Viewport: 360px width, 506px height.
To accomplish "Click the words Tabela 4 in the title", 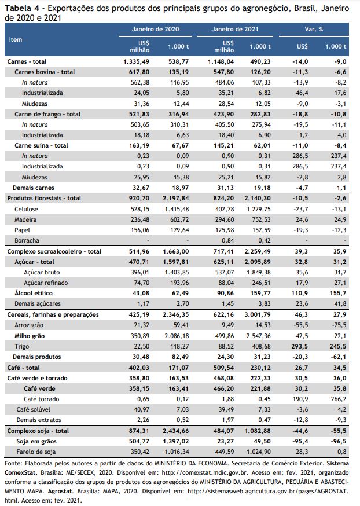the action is tap(21, 8).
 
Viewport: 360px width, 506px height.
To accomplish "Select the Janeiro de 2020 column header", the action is tap(155, 29).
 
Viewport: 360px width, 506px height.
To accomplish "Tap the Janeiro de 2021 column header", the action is tap(235, 29).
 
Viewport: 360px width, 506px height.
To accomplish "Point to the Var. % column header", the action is tap(314, 29).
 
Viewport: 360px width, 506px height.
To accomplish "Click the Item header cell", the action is tap(16, 40).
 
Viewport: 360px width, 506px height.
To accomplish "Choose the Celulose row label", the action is tap(26, 209).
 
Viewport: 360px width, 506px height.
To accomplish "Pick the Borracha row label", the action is tap(27, 240).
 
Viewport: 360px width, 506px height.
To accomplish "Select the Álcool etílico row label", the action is tap(34, 293).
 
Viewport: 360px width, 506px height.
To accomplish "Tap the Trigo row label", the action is tap(21, 346).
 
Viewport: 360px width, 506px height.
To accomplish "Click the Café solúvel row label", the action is tap(34, 409).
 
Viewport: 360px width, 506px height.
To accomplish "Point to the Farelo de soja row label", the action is tap(36, 452).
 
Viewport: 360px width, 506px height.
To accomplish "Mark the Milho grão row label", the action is tap(30, 336).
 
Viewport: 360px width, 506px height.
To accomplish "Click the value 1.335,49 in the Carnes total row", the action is tap(136, 61).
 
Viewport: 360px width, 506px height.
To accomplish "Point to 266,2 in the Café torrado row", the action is tap(339, 399).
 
